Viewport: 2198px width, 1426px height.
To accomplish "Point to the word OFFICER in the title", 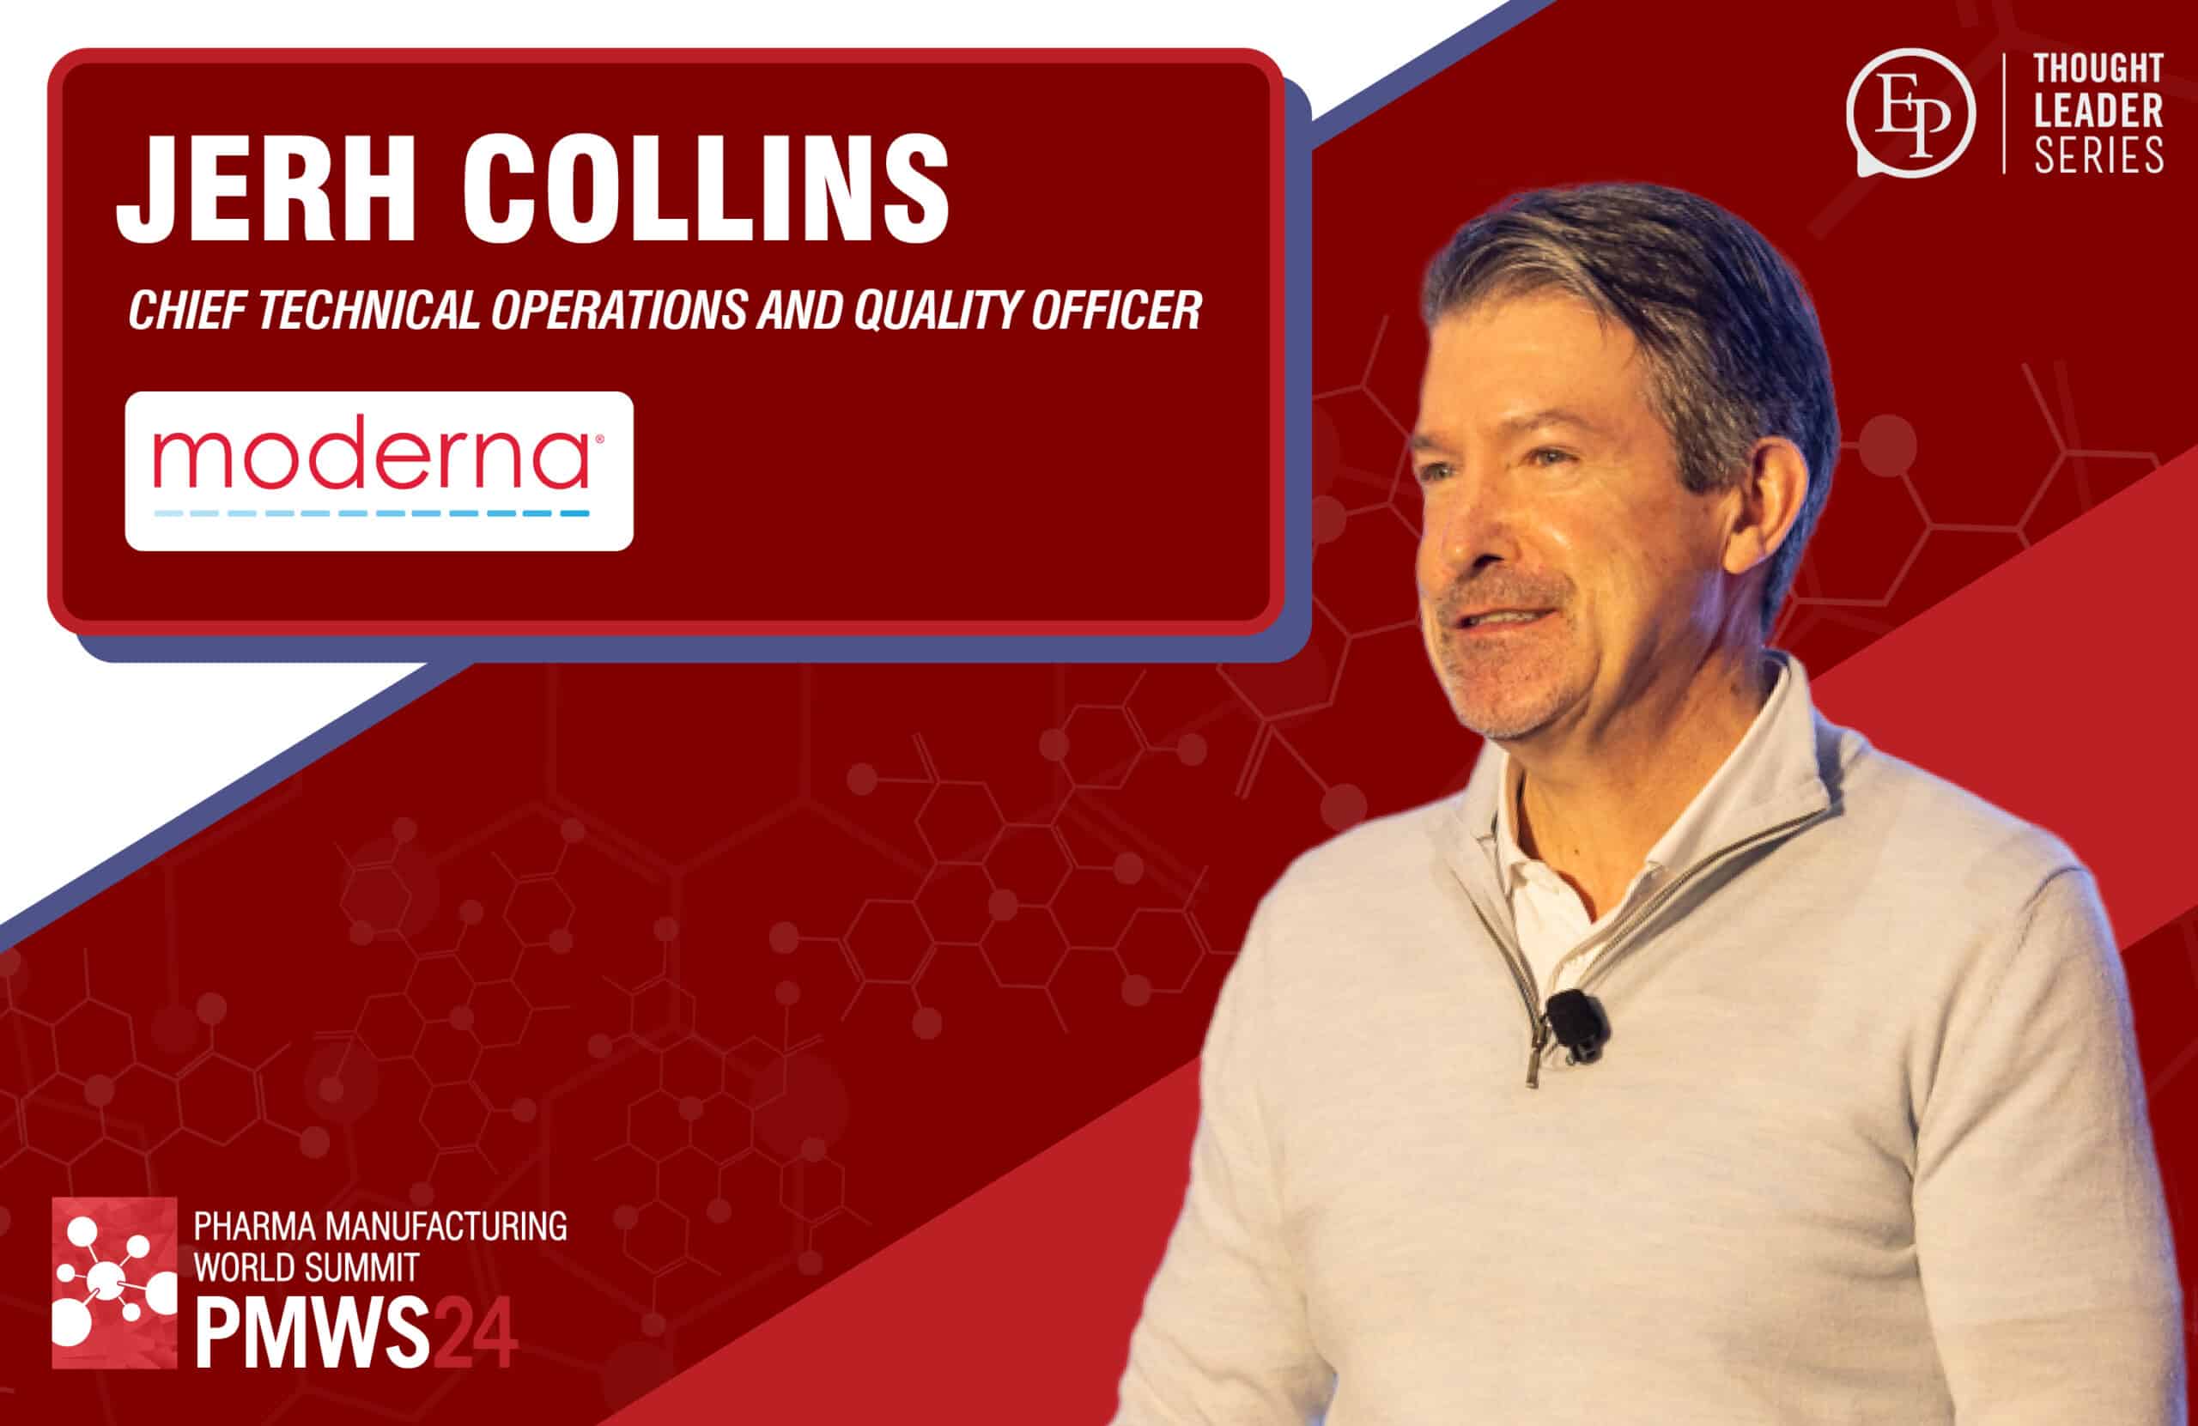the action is pyautogui.click(x=1115, y=310).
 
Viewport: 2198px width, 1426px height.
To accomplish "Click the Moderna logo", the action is pyautogui.click(x=379, y=471).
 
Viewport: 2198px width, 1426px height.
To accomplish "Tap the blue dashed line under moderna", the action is pyautogui.click(x=371, y=513).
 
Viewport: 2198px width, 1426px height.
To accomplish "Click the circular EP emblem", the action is pyautogui.click(x=1910, y=112).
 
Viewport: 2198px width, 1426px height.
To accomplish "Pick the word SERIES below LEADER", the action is pyautogui.click(x=2098, y=155).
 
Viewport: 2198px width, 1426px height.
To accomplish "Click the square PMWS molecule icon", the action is pyautogui.click(x=114, y=1283).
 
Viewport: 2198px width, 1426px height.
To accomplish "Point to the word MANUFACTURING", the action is pyautogui.click(x=447, y=1227).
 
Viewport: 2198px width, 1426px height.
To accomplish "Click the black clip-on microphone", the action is pyautogui.click(x=1576, y=1024).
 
